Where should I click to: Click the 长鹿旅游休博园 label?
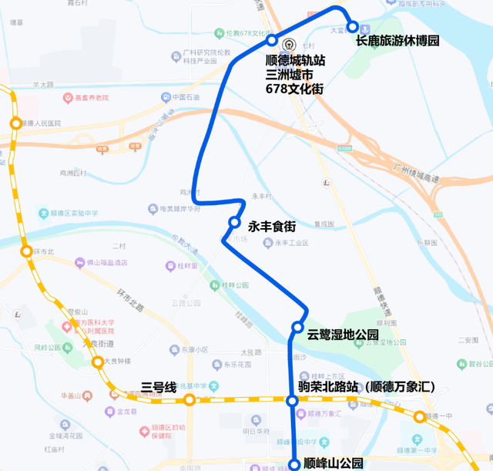tap(397, 41)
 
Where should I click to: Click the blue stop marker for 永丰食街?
tap(234, 223)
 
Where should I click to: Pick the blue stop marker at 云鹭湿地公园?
tap(297, 328)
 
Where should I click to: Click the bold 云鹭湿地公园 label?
tap(343, 335)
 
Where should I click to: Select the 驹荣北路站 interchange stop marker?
tap(292, 401)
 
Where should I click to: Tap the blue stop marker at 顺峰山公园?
tap(293, 464)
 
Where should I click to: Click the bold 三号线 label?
tap(159, 386)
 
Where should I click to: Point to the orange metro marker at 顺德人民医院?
tap(15, 123)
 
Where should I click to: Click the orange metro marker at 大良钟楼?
tap(98, 362)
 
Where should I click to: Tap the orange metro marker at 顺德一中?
tap(420, 417)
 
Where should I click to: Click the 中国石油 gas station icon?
tap(166, 97)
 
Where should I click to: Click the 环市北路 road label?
tap(131, 300)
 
